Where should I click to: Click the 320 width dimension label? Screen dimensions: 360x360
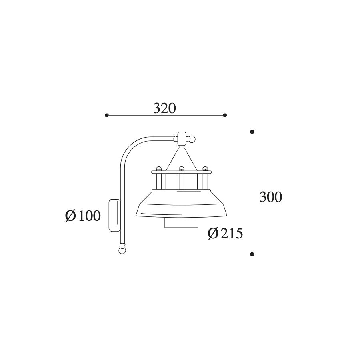164,108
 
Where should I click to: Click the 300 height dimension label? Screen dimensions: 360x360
270,197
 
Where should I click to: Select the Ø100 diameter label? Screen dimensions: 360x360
83,216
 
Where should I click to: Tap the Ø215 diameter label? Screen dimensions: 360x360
225,234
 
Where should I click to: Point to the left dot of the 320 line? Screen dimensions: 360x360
106,115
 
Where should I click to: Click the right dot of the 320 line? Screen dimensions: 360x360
225,115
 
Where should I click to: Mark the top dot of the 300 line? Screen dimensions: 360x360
252,132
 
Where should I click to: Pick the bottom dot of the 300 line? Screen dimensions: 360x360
252,254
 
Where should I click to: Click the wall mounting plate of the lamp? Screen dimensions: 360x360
114,215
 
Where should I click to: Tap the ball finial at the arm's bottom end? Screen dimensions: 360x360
122,249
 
